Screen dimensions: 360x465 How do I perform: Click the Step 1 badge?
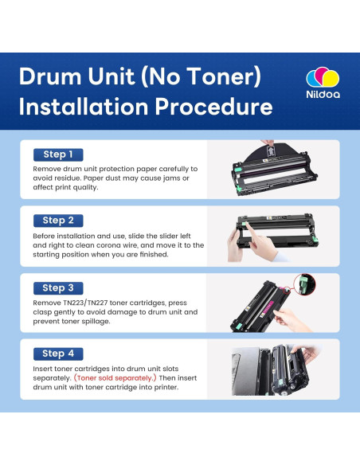click(58, 154)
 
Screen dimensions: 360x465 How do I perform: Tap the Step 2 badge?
click(58, 221)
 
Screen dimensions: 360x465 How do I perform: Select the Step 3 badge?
click(58, 288)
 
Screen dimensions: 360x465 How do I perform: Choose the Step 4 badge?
click(58, 354)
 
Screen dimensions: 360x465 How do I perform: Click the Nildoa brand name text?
click(323, 95)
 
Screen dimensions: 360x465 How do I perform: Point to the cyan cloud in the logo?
click(312, 79)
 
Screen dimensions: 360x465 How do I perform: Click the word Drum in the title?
click(50, 76)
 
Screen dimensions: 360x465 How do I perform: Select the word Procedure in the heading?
click(213, 107)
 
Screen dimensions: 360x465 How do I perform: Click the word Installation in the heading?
click(84, 107)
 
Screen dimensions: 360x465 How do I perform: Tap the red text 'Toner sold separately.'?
click(115, 378)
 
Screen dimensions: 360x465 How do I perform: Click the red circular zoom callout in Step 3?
click(304, 284)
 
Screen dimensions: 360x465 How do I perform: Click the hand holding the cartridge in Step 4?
click(305, 353)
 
